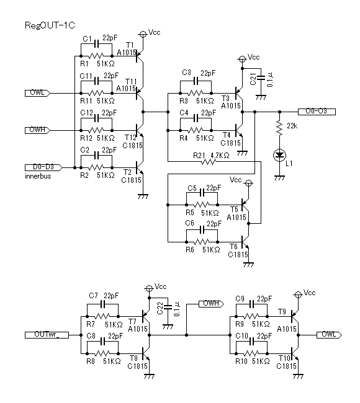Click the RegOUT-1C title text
[50, 25]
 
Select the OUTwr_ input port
[47, 335]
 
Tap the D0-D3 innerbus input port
[43, 167]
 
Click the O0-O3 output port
[317, 112]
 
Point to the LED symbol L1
[279, 155]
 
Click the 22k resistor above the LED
[279, 126]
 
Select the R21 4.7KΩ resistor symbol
[208, 161]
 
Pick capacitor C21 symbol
[261, 77]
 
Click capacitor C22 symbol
[168, 307]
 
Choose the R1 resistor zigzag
[96, 56]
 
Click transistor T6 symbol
[245, 242]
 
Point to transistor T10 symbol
[295, 353]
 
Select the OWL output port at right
[329, 335]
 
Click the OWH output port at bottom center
[211, 304]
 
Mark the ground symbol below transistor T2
[143, 197]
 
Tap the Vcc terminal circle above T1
[143, 34]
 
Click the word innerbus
[38, 176]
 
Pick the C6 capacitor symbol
[202, 230]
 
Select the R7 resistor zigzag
[102, 316]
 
